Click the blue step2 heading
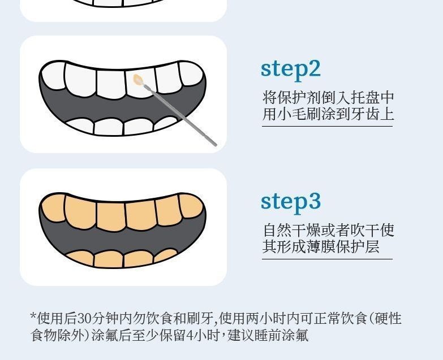[291, 70]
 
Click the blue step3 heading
[291, 202]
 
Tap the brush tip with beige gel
[138, 80]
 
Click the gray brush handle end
[216, 145]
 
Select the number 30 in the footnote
[84, 319]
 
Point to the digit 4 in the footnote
[190, 336]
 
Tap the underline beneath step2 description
[327, 126]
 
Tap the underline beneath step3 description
[327, 258]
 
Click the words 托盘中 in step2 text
[372, 98]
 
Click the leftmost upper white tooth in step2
[53, 76]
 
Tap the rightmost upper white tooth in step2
[191, 73]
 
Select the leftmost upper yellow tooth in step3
[53, 207]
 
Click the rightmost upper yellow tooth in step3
[191, 205]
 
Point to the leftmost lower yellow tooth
[80, 258]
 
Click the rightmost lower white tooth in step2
[166, 123]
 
